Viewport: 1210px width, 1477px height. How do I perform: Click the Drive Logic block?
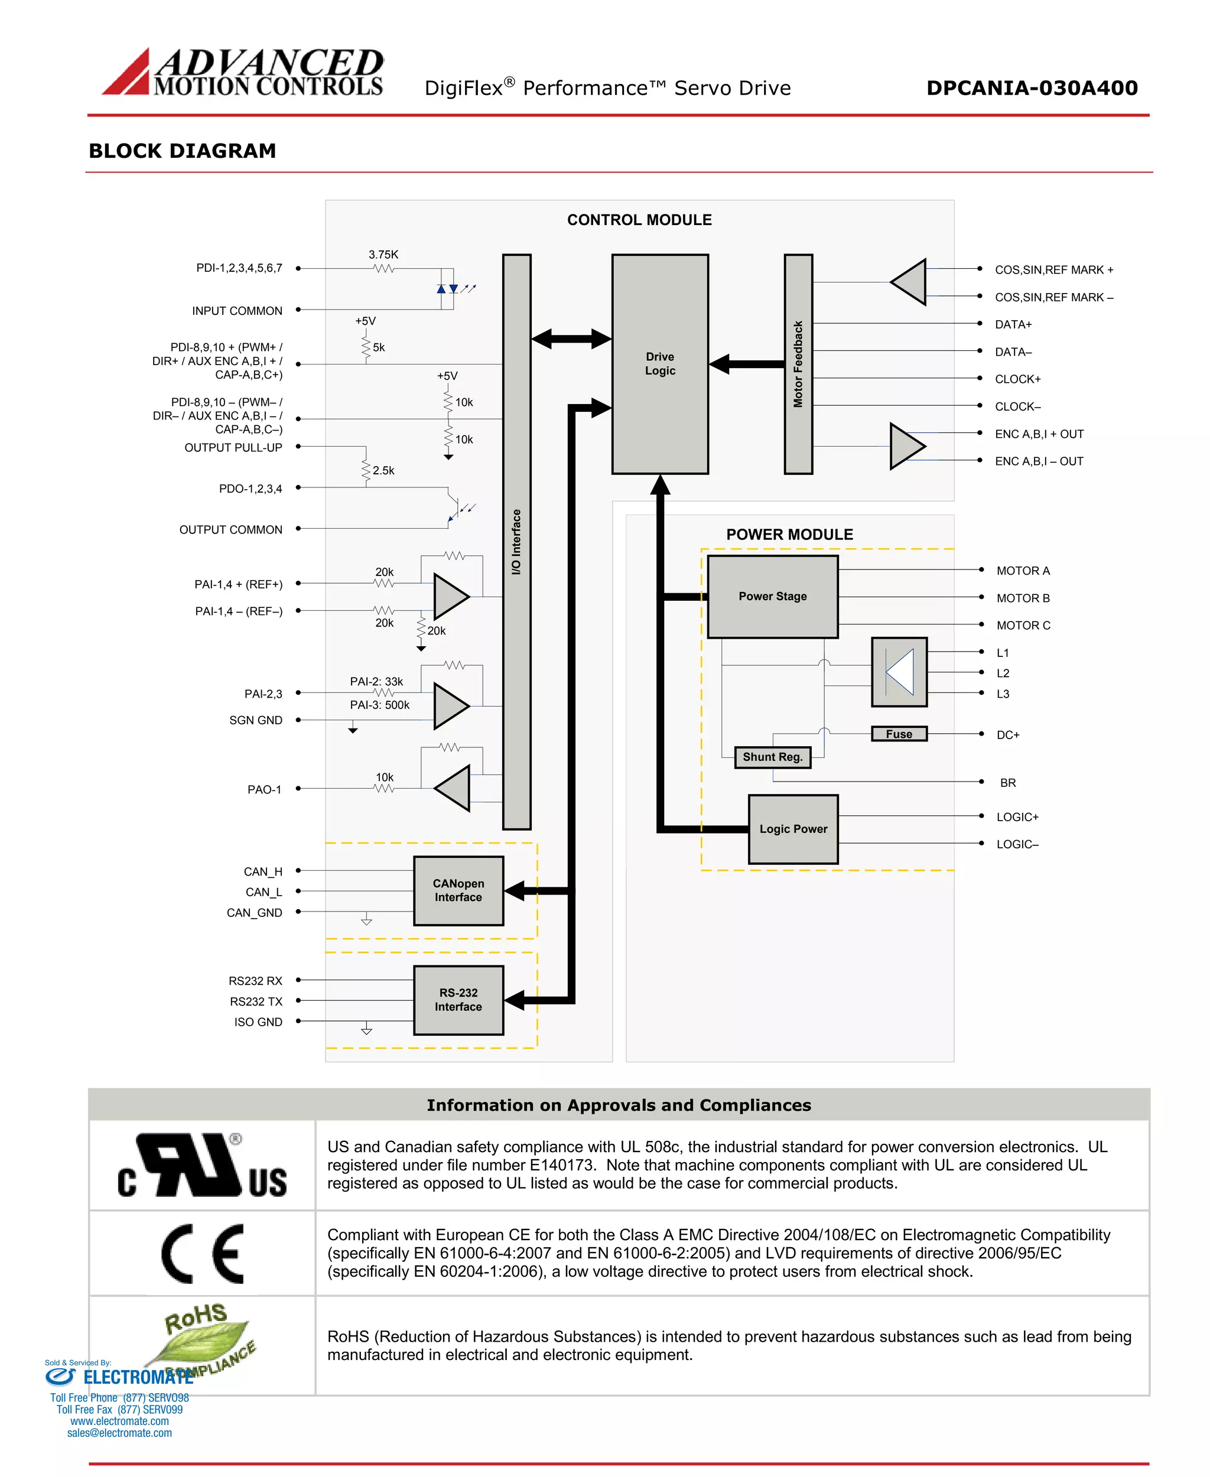coord(659,364)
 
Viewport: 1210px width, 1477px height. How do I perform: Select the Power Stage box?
coord(772,596)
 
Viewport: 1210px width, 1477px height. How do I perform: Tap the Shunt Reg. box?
coord(772,757)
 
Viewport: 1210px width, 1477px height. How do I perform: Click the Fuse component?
coord(899,734)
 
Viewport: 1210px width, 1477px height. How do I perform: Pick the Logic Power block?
coord(793,829)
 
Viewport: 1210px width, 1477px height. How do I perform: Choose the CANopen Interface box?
coord(458,890)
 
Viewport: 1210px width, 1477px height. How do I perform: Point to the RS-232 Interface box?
coord(458,1000)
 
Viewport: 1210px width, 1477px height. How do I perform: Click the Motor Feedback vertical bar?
coord(798,364)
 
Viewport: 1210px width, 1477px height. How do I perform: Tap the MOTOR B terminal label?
coord(1023,598)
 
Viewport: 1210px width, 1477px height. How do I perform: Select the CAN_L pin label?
coord(264,892)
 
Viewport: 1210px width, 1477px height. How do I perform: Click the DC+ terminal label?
coord(1008,735)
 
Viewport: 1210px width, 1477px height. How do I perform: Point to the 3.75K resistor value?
coord(383,255)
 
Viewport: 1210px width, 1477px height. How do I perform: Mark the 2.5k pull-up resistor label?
coord(383,470)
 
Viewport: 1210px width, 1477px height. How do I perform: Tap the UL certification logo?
coord(202,1166)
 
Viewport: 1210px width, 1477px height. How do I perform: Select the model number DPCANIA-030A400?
coord(1032,88)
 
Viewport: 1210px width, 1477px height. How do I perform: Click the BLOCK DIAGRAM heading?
coord(183,151)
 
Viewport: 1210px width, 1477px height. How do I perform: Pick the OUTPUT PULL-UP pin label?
coord(233,447)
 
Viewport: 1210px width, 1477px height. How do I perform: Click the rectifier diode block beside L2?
coord(899,672)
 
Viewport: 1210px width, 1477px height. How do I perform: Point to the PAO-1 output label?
coord(264,790)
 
